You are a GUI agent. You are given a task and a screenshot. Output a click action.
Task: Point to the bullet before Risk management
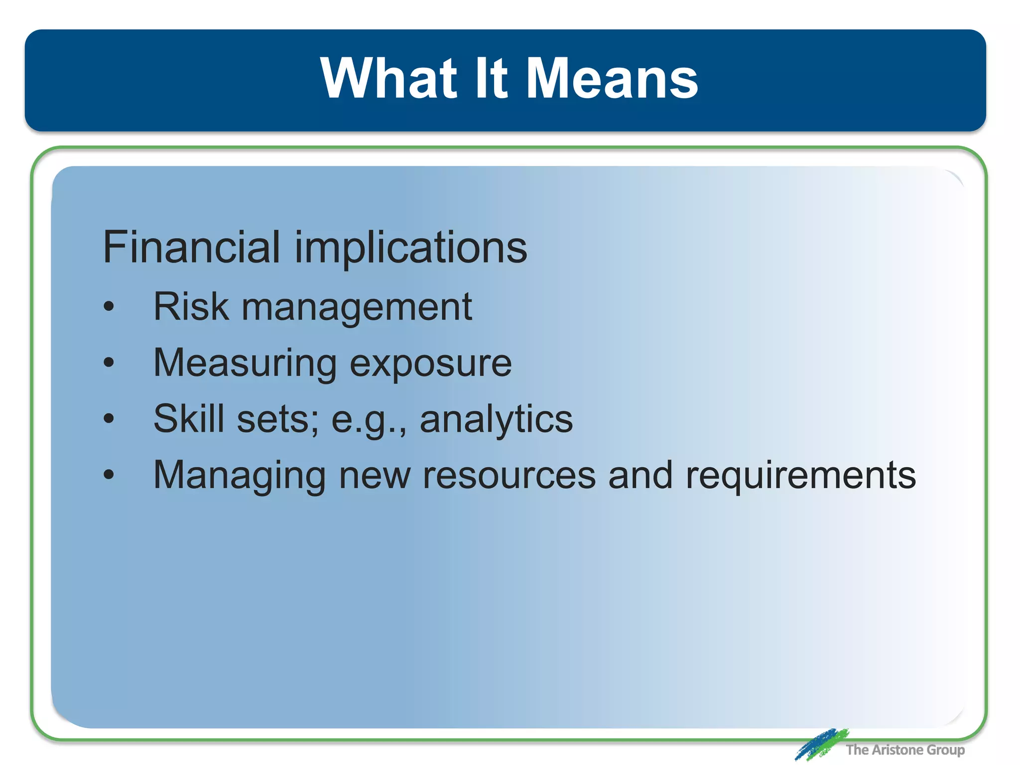coord(109,307)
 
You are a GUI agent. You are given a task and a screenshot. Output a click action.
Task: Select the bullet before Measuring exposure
coord(109,363)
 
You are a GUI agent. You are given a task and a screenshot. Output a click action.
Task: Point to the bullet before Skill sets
coord(109,419)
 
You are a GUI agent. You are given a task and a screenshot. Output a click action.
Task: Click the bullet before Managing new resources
coord(109,475)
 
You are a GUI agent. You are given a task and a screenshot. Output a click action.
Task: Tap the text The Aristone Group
coord(905,750)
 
